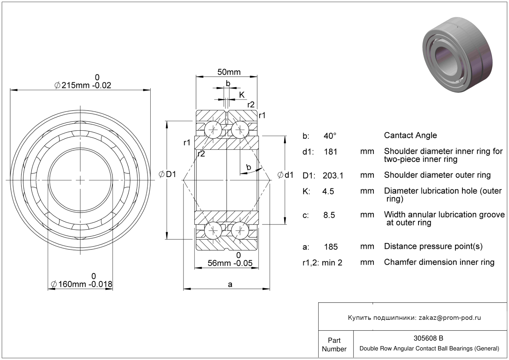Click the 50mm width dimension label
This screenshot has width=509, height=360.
tap(229, 72)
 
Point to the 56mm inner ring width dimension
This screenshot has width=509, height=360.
tap(230, 263)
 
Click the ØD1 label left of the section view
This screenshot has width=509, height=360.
tap(168, 175)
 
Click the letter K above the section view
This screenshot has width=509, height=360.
tap(242, 95)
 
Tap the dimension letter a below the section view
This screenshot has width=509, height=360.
tap(230, 284)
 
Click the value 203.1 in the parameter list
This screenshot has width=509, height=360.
tap(333, 176)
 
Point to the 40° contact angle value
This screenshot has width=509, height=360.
tap(330, 136)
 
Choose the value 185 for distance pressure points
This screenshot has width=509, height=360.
tap(331, 247)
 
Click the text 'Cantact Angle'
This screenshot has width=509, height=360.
tap(410, 135)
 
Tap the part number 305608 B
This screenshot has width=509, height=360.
tap(429, 338)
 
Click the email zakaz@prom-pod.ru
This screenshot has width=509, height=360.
tap(450, 318)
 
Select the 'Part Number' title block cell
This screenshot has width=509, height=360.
tap(334, 345)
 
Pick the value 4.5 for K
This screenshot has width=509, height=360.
tap(328, 192)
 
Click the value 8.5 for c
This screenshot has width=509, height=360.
tap(329, 215)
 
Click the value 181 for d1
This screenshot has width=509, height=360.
tap(331, 152)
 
